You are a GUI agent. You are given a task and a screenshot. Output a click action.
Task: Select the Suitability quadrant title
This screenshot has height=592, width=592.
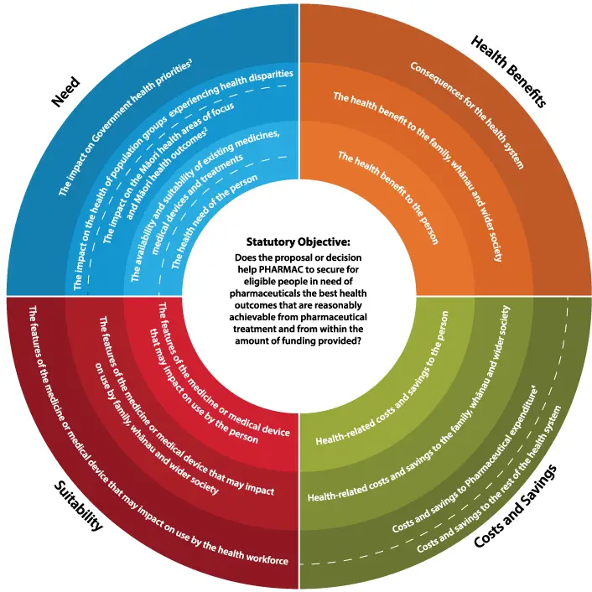coord(79,506)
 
